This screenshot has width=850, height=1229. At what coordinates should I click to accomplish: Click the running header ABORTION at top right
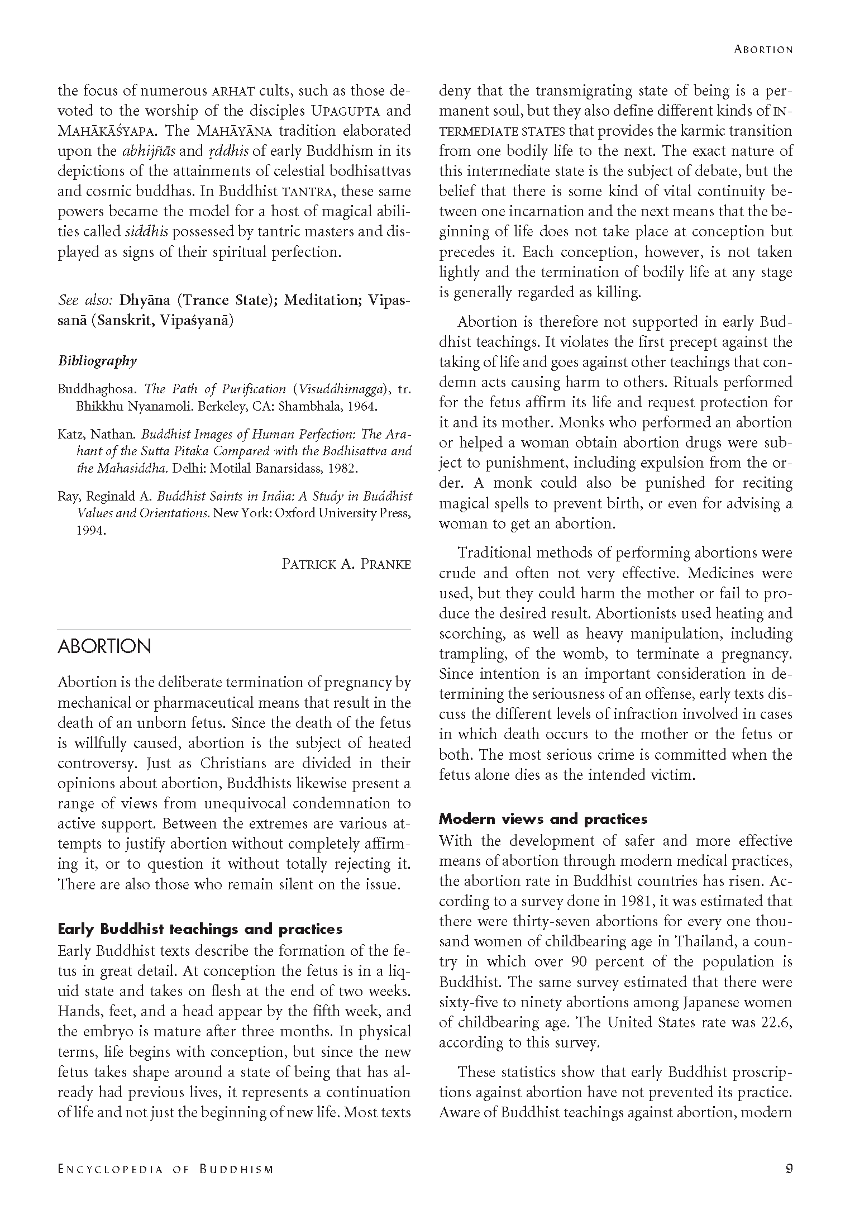[763, 49]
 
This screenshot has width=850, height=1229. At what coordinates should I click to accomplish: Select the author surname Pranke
[385, 564]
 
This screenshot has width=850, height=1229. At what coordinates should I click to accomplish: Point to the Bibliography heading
[97, 361]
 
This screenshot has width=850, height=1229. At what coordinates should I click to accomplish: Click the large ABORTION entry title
[104, 646]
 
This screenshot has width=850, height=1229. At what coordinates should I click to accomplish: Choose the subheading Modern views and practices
[543, 819]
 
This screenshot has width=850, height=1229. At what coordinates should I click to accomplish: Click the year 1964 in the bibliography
[362, 406]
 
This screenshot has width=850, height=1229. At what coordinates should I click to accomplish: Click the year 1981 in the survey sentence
[634, 901]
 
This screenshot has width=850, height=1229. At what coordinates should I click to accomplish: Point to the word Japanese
[713, 1002]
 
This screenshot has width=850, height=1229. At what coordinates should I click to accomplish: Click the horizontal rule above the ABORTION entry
[234, 630]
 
